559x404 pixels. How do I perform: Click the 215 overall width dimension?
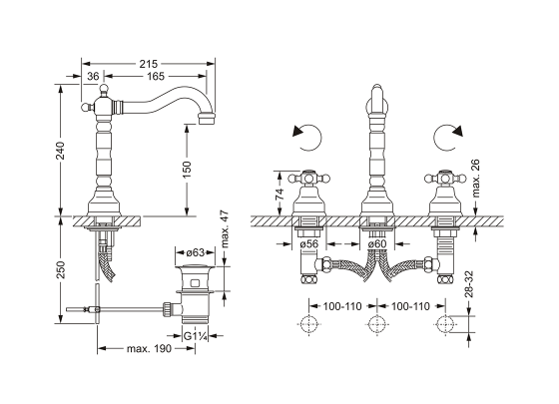click(148, 64)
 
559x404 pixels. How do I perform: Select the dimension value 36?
click(93, 76)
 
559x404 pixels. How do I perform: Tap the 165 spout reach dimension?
click(156, 76)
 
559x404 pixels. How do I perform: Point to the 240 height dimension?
click(60, 151)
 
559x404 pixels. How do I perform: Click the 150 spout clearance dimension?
click(187, 170)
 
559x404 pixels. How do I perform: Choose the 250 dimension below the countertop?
click(60, 269)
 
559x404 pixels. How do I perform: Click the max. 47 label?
click(225, 229)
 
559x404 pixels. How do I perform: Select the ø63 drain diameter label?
click(195, 252)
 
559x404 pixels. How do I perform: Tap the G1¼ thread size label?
click(195, 335)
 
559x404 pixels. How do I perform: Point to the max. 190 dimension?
click(149, 348)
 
